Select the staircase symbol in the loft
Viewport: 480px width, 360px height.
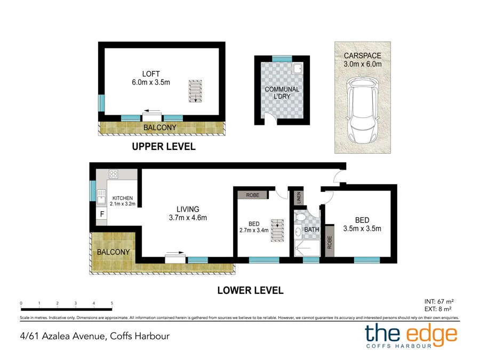[x=196, y=91]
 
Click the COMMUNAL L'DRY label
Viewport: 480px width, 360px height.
[x=282, y=93]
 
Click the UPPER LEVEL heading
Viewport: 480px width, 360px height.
[x=164, y=146]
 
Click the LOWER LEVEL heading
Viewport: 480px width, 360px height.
[x=250, y=291]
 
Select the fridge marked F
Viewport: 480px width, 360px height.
[x=99, y=214]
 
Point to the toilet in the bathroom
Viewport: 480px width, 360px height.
[x=300, y=219]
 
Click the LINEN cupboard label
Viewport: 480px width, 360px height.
[x=299, y=197]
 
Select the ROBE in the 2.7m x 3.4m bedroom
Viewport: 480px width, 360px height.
[x=252, y=195]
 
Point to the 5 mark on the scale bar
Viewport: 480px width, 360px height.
[x=112, y=303]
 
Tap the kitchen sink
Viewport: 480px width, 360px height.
[x=100, y=199]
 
